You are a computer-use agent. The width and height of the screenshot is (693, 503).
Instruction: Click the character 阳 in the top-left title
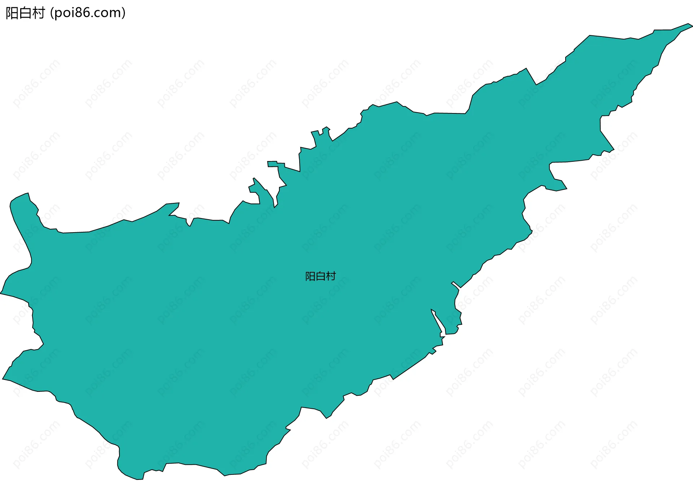(12, 13)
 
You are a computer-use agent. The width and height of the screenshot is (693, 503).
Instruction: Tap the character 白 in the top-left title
(25, 13)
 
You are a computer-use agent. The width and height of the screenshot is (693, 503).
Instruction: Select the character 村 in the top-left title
(38, 13)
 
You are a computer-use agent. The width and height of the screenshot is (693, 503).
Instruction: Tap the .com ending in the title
(106, 13)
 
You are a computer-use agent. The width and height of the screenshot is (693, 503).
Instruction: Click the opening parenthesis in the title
(52, 13)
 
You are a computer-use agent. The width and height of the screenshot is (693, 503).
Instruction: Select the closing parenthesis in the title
(124, 13)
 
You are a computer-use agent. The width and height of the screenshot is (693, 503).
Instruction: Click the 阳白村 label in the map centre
(321, 276)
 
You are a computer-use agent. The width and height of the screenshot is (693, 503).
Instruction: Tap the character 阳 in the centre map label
(310, 276)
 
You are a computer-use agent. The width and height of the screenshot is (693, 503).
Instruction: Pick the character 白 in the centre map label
(321, 276)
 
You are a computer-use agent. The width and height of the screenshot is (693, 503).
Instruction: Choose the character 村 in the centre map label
(331, 276)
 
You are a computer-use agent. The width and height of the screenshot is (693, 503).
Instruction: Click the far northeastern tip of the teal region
(691, 25)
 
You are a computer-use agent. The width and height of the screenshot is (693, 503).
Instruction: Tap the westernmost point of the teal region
(1, 293)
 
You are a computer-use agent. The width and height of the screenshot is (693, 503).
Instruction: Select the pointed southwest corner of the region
(4, 379)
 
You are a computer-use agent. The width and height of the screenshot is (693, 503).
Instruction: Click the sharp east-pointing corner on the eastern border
(613, 149)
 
